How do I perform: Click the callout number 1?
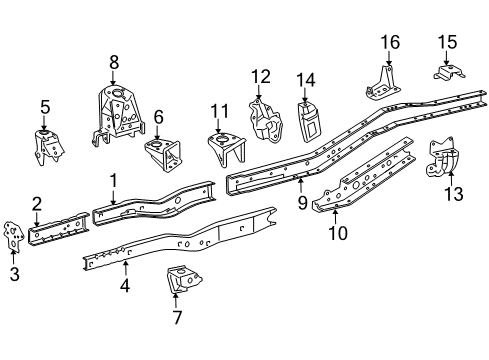click(114, 180)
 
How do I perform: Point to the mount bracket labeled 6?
click(160, 154)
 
